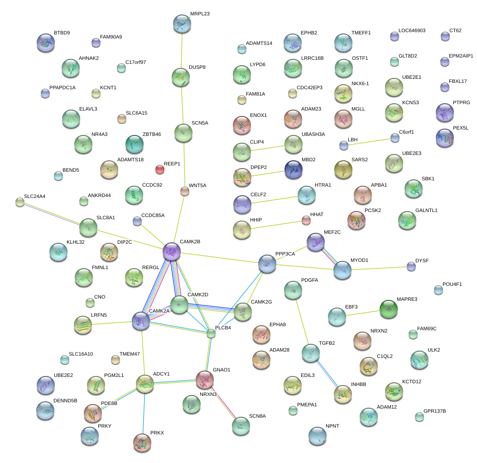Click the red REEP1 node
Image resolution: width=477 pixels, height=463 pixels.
(159, 169)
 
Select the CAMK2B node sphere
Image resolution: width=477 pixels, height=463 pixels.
(172, 251)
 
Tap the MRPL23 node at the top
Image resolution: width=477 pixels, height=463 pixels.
(182, 24)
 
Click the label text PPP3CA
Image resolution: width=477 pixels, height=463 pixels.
(285, 254)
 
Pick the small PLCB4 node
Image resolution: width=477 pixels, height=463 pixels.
(211, 333)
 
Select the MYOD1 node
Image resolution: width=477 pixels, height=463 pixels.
(342, 270)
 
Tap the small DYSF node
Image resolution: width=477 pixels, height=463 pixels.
(411, 266)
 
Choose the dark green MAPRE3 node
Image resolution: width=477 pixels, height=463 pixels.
(388, 309)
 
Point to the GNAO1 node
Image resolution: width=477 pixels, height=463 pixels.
(204, 379)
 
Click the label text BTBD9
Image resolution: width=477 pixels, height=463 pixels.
(62, 33)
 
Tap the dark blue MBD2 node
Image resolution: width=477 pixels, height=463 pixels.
(294, 169)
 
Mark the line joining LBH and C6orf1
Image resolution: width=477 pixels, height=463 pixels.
(369, 141)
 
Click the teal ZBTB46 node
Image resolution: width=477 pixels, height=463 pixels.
(134, 144)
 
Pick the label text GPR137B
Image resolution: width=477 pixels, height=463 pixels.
(434, 411)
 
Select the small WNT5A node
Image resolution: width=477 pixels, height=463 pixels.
(184, 191)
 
